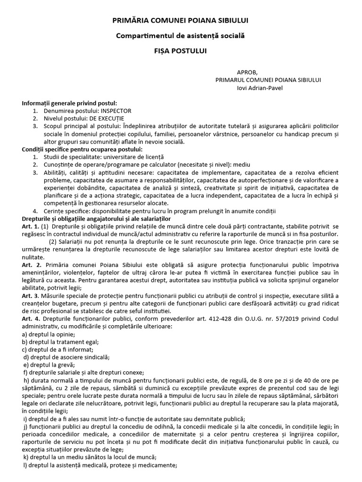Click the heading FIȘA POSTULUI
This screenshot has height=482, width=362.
pyautogui.click(x=181, y=50)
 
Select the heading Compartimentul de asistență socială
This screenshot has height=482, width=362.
pyautogui.click(x=181, y=35)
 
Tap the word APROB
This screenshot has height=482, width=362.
pyautogui.click(x=247, y=72)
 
